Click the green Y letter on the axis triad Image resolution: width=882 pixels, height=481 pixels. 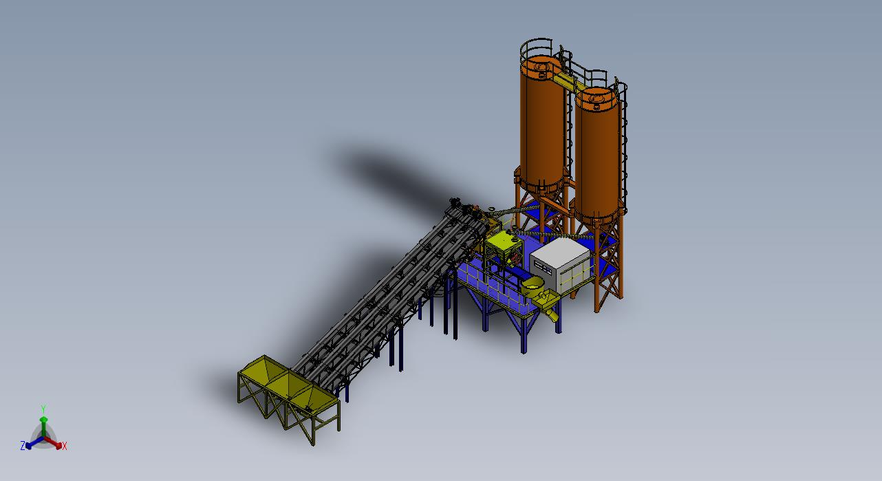(43, 409)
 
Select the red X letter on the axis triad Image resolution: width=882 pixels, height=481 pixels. (65, 446)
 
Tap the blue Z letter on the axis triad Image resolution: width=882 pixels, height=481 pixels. (23, 445)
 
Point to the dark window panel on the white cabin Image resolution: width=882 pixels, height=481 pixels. (544, 267)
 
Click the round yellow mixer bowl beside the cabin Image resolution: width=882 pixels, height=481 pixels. (533, 285)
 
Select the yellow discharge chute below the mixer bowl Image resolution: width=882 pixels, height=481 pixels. (549, 306)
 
